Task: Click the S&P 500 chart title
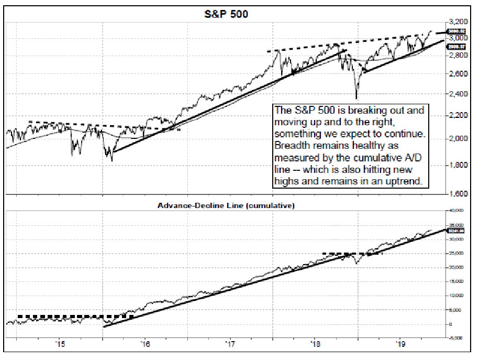[226, 14]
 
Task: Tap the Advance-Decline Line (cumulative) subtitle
[226, 205]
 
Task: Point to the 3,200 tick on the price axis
[458, 22]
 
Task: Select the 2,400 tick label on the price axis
[458, 94]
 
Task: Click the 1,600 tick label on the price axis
[458, 193]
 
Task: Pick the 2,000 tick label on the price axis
[458, 139]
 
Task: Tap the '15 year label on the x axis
[60, 344]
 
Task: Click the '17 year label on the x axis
[230, 344]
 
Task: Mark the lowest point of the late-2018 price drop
[357, 98]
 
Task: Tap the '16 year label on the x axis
[145, 344]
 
